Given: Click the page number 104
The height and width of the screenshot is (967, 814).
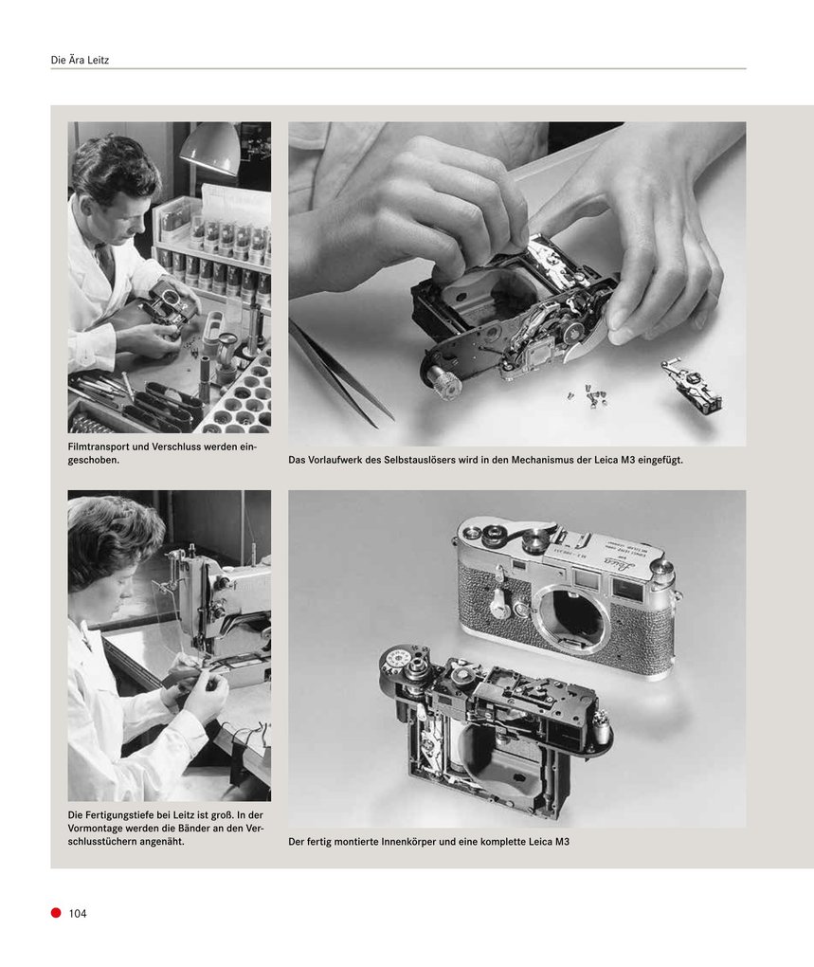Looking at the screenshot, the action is point(78,913).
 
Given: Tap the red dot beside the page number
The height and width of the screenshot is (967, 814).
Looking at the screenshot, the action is point(56,912).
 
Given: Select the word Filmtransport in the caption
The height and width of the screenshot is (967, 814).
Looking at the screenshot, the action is point(101,447).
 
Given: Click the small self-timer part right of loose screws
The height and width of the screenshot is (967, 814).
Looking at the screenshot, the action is point(691,385).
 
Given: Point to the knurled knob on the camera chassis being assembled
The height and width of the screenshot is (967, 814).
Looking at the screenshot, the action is point(443,380).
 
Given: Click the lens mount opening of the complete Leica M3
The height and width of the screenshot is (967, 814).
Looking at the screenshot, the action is point(570,616).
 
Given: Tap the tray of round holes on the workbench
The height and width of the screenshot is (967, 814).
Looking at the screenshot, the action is point(236,397).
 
